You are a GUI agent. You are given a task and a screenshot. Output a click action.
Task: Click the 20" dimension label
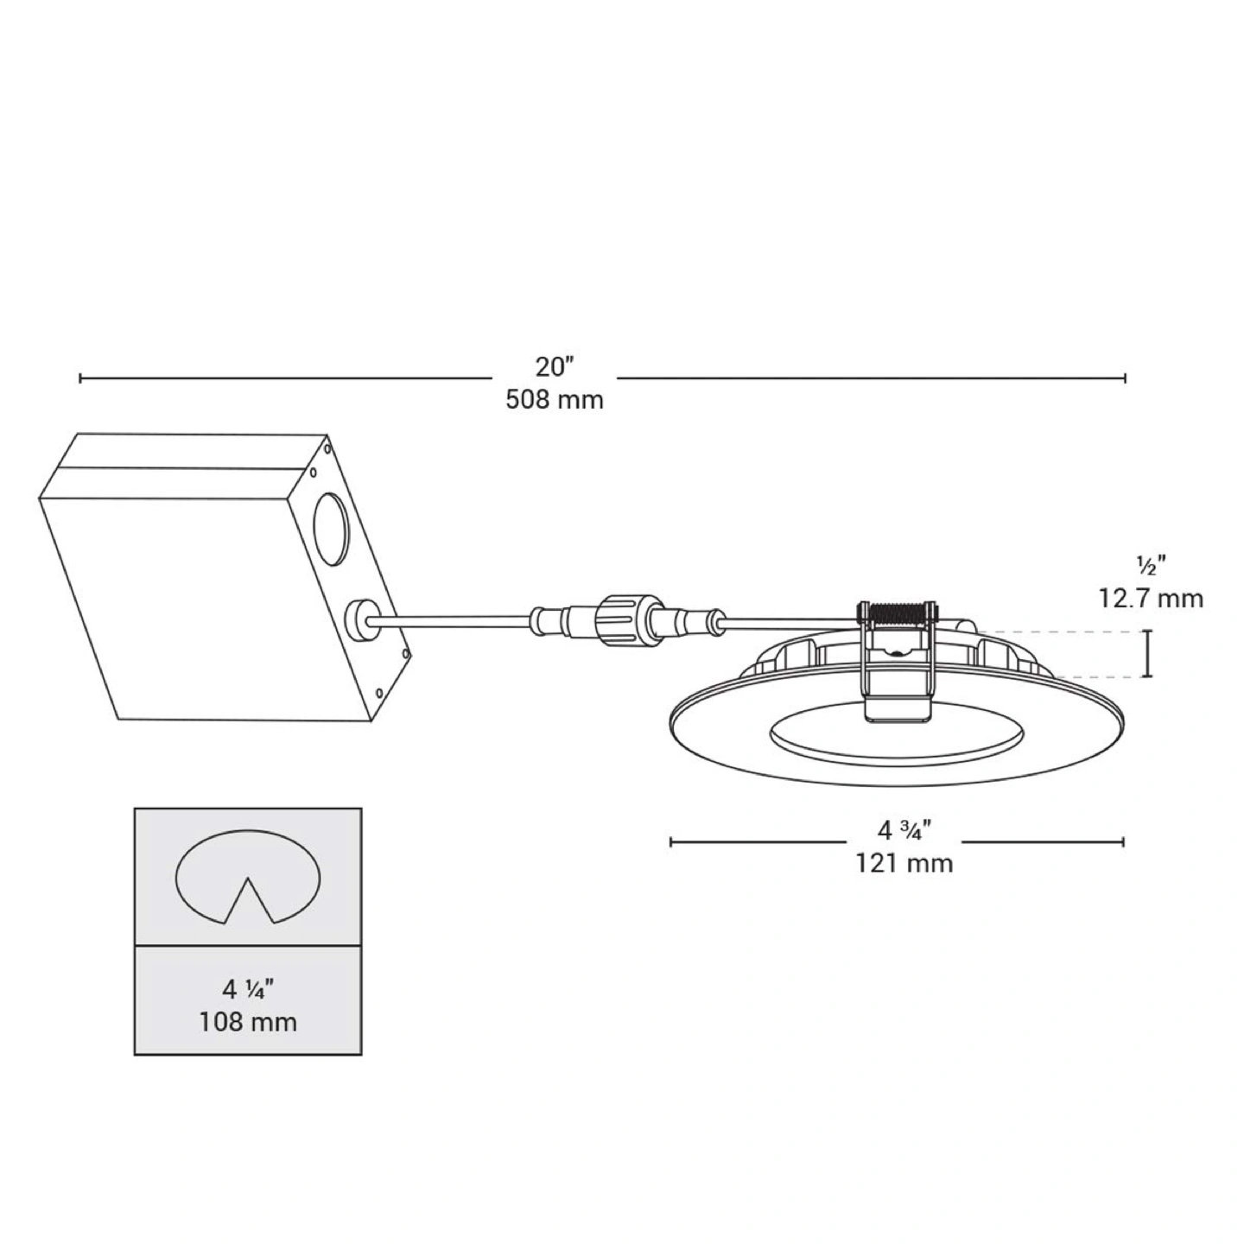click(x=554, y=366)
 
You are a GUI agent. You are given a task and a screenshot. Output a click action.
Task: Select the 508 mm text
click(x=554, y=400)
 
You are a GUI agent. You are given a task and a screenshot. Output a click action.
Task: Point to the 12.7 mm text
click(x=1151, y=599)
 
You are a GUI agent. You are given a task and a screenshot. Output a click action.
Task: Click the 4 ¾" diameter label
click(x=903, y=829)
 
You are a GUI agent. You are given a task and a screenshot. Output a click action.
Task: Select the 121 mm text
click(x=904, y=863)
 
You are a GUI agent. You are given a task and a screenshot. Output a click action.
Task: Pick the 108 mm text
click(x=248, y=1023)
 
